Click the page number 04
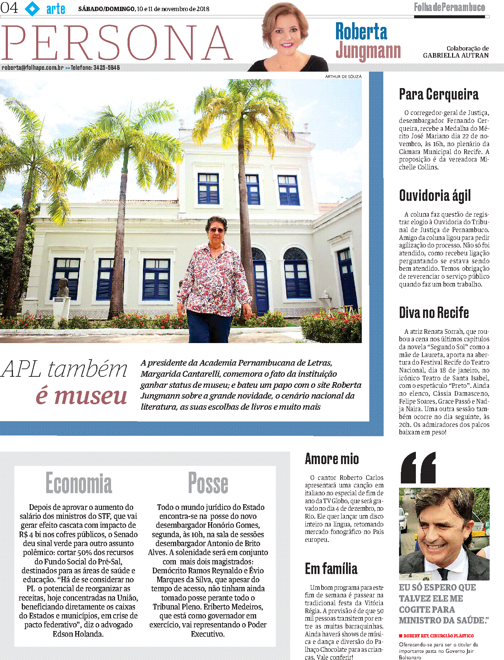tap(9, 8)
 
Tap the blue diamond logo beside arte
tap(32, 8)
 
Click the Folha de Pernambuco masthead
tap(449, 7)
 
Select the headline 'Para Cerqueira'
tap(438, 95)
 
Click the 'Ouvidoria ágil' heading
tap(435, 196)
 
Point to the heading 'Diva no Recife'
tap(434, 313)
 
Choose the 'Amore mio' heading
tap(332, 459)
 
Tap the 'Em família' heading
tap(331, 569)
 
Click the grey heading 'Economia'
tap(79, 483)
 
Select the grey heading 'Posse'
tap(208, 483)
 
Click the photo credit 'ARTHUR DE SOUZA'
tap(343, 77)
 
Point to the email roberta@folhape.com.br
tap(33, 68)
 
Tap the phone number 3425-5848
tap(106, 68)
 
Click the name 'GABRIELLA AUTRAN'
tap(456, 56)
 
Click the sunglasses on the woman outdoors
tap(216, 230)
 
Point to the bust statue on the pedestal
tap(63, 287)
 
